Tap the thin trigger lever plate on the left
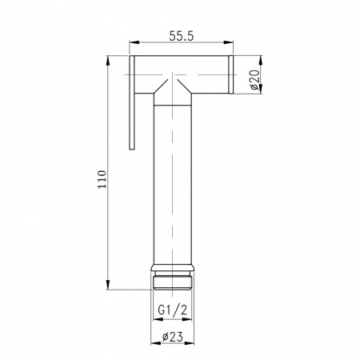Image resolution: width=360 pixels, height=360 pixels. pyautogui.click(x=131, y=104)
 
